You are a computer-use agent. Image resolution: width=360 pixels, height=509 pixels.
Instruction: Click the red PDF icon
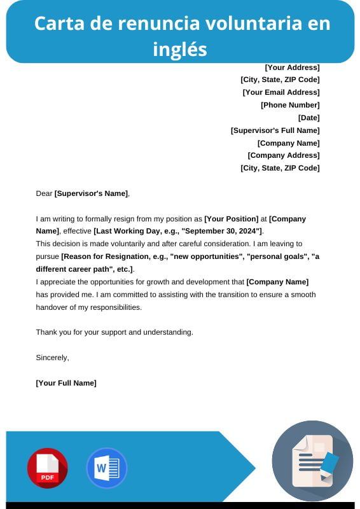tap(47, 468)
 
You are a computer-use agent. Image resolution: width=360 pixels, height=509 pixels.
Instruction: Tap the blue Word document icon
tap(106, 468)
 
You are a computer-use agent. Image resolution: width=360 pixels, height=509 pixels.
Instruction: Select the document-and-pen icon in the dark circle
tap(312, 461)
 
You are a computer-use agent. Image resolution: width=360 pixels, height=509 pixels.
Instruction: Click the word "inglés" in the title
tap(180, 48)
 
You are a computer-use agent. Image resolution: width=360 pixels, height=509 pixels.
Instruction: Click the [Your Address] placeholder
tap(292, 67)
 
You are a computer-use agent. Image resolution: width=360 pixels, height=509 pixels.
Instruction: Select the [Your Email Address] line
tap(281, 92)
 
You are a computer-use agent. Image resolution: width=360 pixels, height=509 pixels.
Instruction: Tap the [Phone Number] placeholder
tap(290, 105)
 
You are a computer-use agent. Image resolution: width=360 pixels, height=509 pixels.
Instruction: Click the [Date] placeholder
tap(308, 118)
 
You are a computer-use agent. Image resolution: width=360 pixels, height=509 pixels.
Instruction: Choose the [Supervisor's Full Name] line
tap(275, 130)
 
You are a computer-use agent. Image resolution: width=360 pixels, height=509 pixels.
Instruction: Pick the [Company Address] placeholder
tap(283, 155)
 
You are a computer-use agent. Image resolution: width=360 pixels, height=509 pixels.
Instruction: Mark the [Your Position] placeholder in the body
tap(231, 219)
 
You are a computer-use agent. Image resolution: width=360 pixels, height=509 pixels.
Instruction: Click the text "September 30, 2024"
tap(222, 231)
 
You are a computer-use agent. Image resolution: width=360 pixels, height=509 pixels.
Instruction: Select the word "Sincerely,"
tap(52, 358)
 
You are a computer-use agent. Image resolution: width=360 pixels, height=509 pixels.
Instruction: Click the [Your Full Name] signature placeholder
tap(66, 383)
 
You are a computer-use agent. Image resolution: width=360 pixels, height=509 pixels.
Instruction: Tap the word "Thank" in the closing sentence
tap(46, 332)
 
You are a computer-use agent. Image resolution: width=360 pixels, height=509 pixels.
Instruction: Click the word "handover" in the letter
tap(52, 307)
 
